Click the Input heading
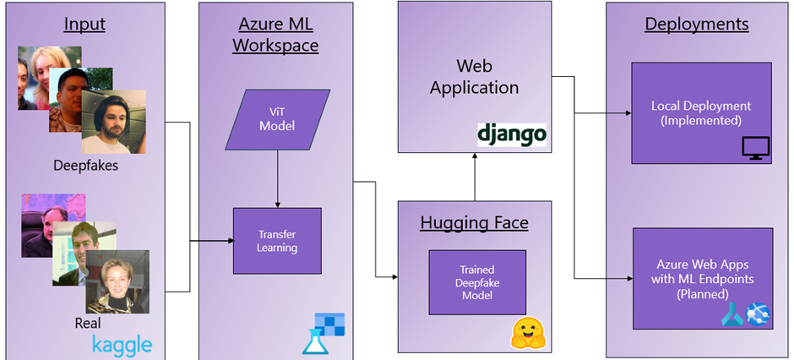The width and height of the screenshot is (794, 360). click(x=84, y=24)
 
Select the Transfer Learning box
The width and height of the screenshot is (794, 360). click(x=276, y=241)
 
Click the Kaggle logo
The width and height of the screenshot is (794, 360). click(x=122, y=344)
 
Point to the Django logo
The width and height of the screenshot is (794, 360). click(x=511, y=133)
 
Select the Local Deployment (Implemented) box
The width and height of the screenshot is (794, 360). click(x=700, y=113)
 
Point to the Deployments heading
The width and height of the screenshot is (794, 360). click(x=696, y=24)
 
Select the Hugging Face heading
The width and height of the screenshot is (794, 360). click(x=474, y=223)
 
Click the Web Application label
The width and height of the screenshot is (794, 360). click(x=474, y=76)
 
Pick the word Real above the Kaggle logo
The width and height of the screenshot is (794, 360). click(x=87, y=323)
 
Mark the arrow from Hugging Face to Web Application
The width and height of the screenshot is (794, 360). click(x=474, y=177)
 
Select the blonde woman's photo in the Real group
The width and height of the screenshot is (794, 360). click(x=117, y=281)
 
